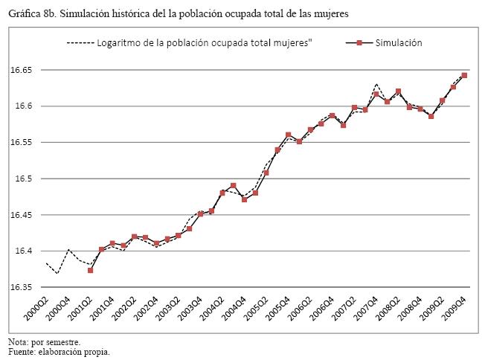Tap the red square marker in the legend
[x=359, y=43]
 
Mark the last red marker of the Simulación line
[x=464, y=75]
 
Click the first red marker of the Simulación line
[x=90, y=270]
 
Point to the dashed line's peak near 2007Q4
[x=377, y=85]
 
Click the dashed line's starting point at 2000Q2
[x=46, y=263]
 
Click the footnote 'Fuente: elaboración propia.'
[x=57, y=352]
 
